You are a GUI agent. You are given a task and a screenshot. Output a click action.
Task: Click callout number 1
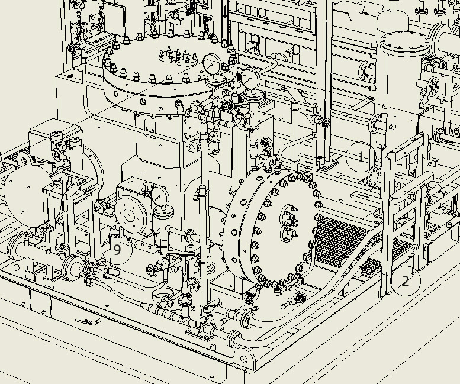(x=361, y=157)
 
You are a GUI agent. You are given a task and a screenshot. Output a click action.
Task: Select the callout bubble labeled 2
(x=406, y=282)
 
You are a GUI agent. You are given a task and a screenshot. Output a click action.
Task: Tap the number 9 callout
(x=117, y=250)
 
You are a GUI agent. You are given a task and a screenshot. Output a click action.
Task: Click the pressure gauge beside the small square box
(x=160, y=197)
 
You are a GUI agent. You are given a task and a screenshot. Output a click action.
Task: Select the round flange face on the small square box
(x=131, y=215)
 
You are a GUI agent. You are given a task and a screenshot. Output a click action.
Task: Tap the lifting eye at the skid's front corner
(x=244, y=359)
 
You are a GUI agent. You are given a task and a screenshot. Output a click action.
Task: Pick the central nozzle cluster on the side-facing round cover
(x=288, y=224)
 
